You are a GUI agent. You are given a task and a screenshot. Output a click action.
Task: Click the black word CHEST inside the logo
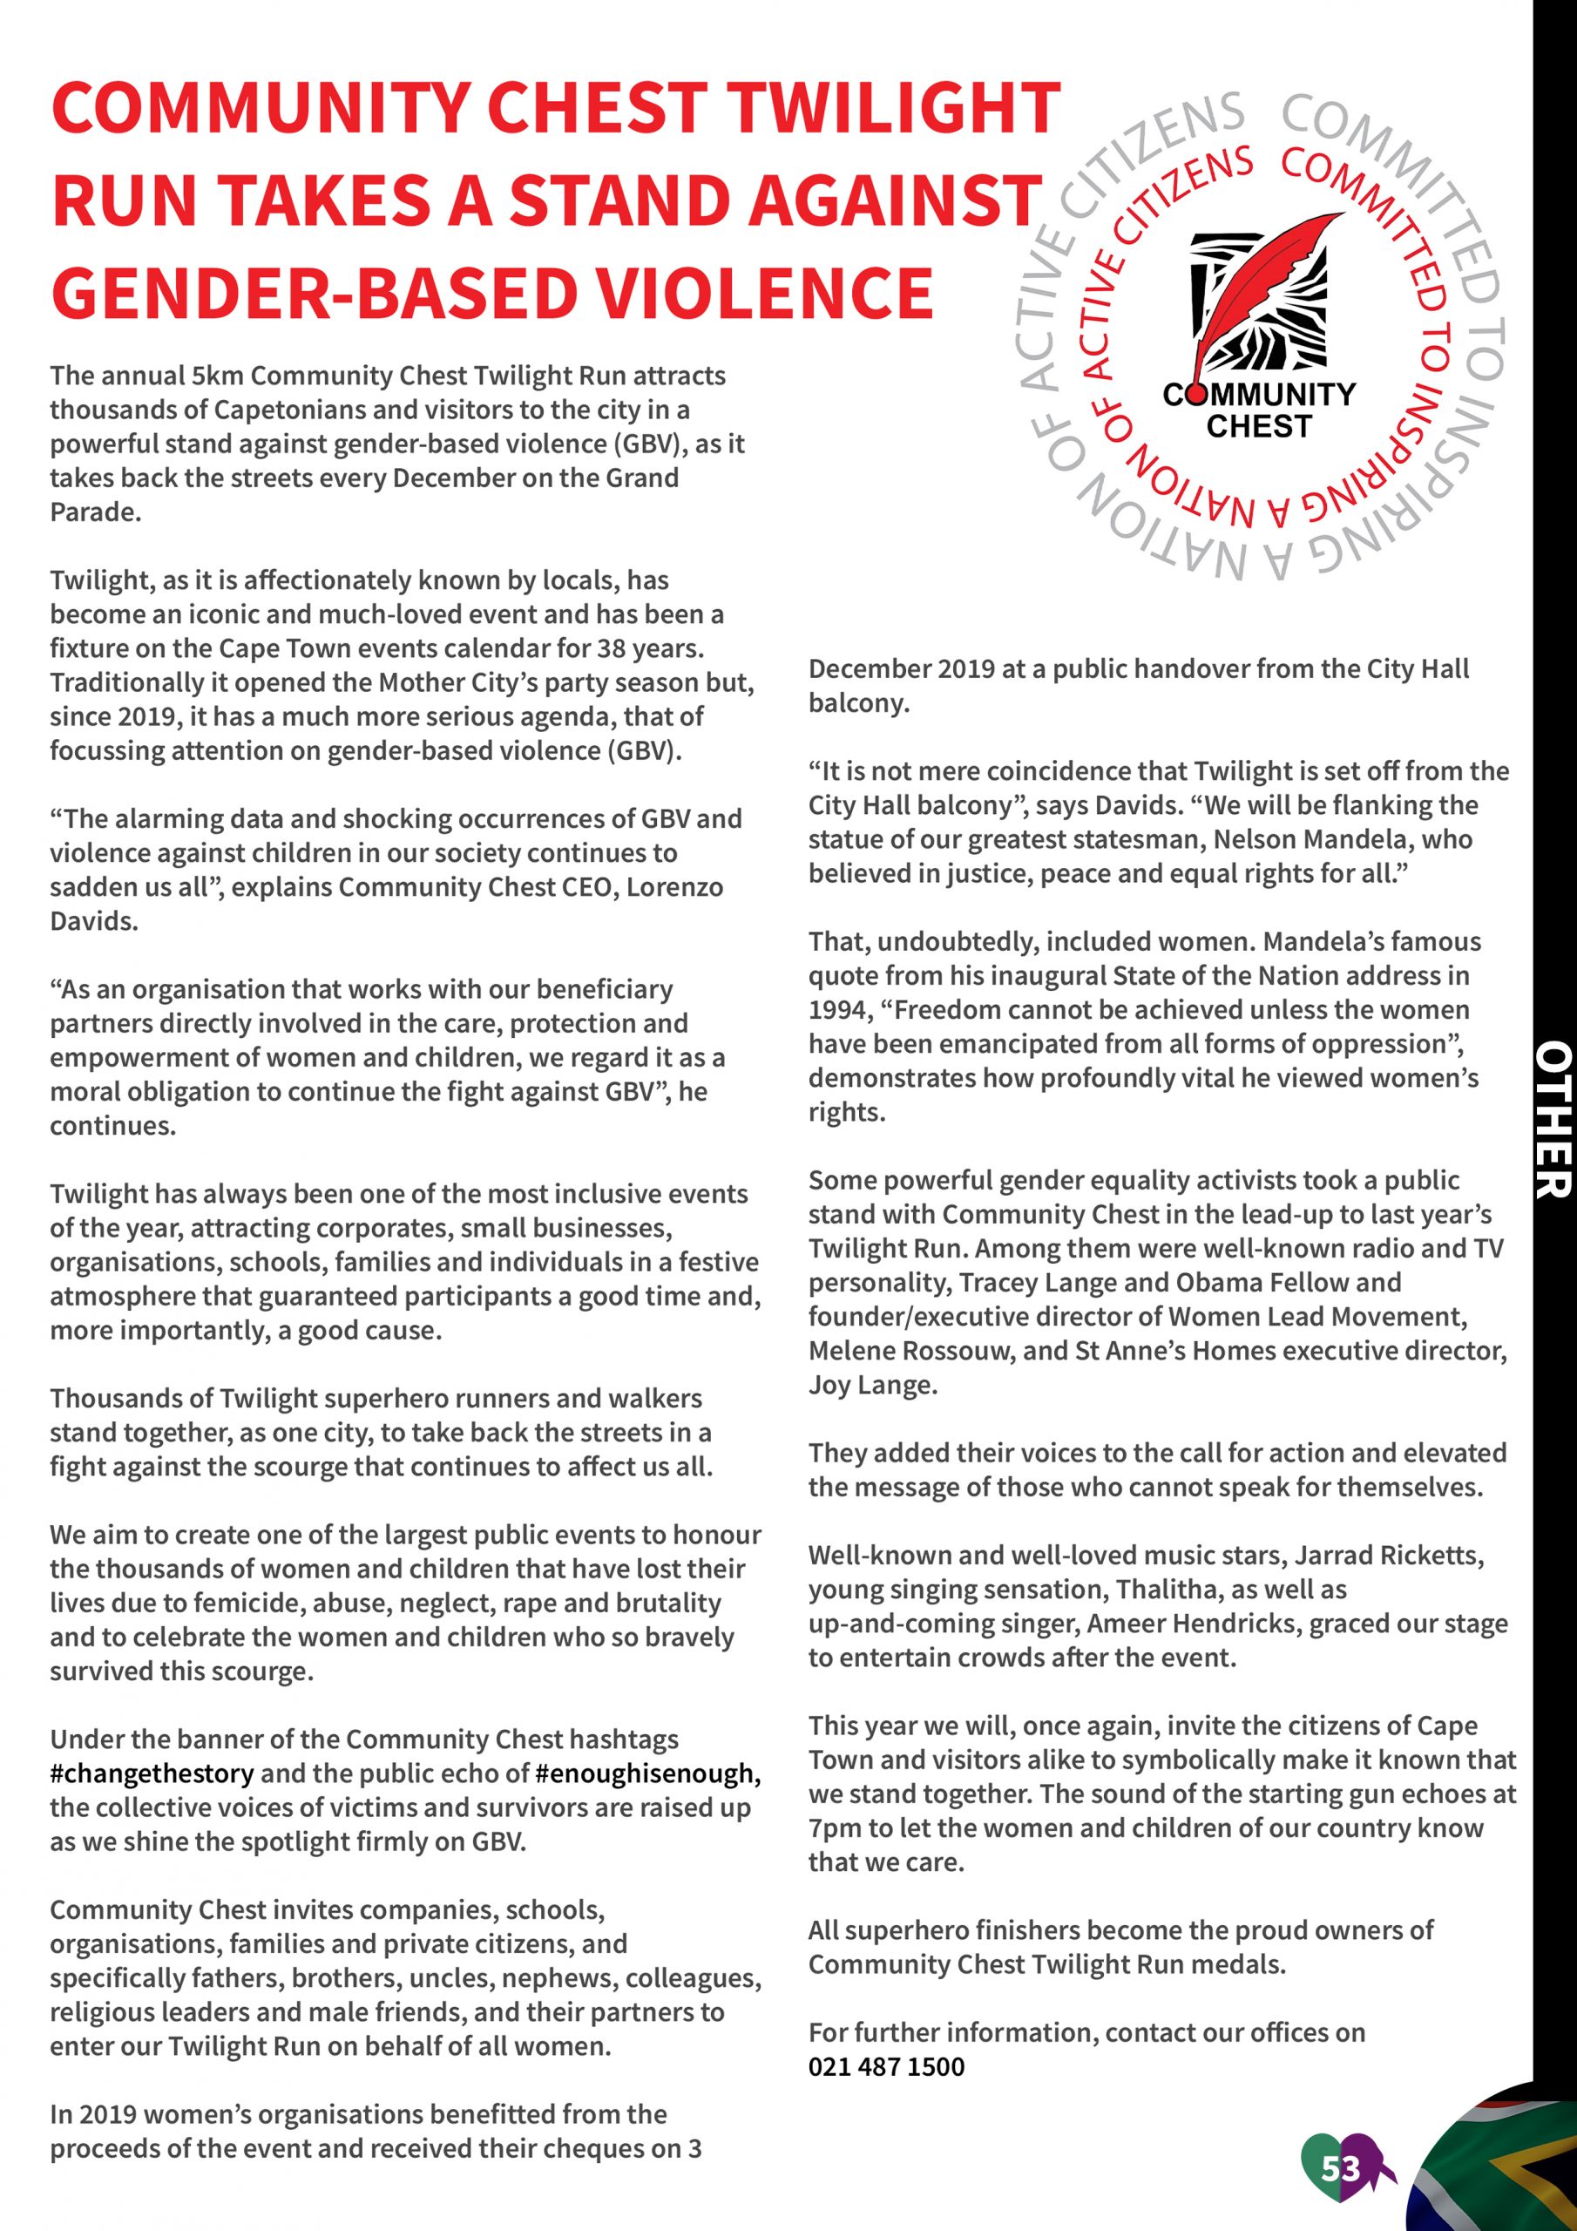(1258, 426)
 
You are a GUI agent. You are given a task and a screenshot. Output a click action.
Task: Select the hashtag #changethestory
(152, 1773)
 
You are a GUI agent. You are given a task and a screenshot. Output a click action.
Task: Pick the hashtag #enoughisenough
(646, 1773)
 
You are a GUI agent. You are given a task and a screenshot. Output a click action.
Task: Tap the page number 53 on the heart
(1340, 2169)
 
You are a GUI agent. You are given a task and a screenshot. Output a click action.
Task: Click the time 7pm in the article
(834, 1828)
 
